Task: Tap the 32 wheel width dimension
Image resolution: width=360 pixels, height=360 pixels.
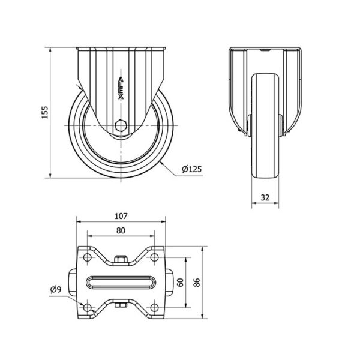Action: coord(265,197)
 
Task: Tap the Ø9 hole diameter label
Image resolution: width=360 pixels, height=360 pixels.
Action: coord(56,290)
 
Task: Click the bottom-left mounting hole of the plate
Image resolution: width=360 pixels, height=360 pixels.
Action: coord(88,308)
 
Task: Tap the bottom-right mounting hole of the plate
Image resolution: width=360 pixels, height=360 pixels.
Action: coord(154,308)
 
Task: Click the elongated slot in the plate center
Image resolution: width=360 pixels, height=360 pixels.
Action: coord(121,283)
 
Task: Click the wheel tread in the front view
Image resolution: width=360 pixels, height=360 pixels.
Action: coord(265,126)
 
